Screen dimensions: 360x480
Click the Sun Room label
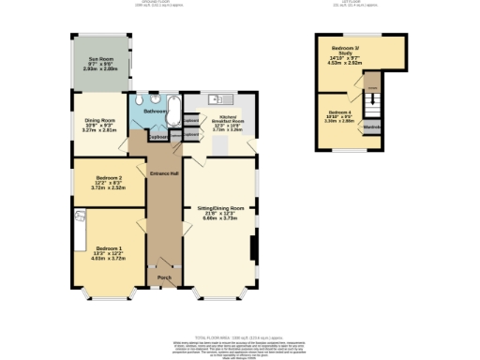(100, 64)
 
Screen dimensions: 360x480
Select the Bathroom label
(156, 111)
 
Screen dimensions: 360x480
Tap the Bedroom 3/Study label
(348, 53)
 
